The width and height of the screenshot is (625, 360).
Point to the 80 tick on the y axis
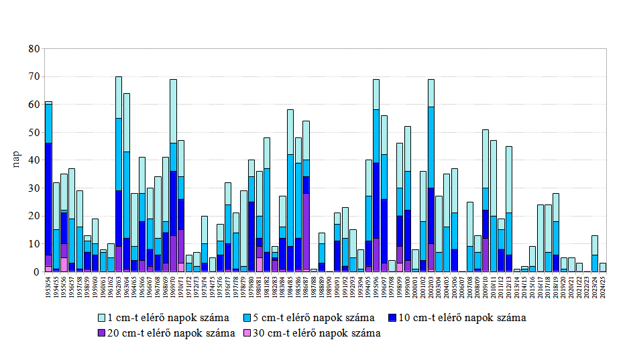(x=33, y=49)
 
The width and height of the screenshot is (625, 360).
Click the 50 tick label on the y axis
(x=33, y=133)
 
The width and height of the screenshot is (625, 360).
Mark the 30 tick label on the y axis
(x=33, y=188)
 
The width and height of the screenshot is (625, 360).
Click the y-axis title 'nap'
(x=17, y=161)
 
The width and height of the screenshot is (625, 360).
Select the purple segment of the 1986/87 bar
(x=306, y=231)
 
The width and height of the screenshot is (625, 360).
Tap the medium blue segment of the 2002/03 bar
(x=431, y=147)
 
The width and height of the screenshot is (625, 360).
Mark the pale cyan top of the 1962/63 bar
(x=119, y=97)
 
